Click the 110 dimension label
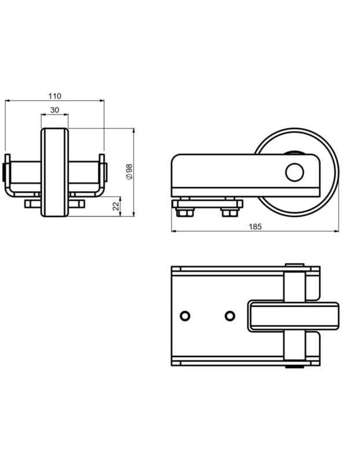point(54,96)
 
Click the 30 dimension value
point(54,110)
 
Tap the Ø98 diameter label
point(129,171)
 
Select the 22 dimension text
point(117,206)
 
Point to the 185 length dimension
point(255,226)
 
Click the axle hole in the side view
point(295,172)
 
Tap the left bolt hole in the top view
point(185,316)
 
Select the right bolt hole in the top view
point(230,316)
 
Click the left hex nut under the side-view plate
point(185,212)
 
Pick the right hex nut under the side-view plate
point(230,212)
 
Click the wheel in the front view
point(54,172)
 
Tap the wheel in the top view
point(293,316)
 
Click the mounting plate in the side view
point(207,204)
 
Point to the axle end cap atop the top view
point(295,265)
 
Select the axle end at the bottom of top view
point(295,367)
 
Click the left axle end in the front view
point(3,172)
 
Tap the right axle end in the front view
point(106,172)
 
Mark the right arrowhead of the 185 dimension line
point(336,231)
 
